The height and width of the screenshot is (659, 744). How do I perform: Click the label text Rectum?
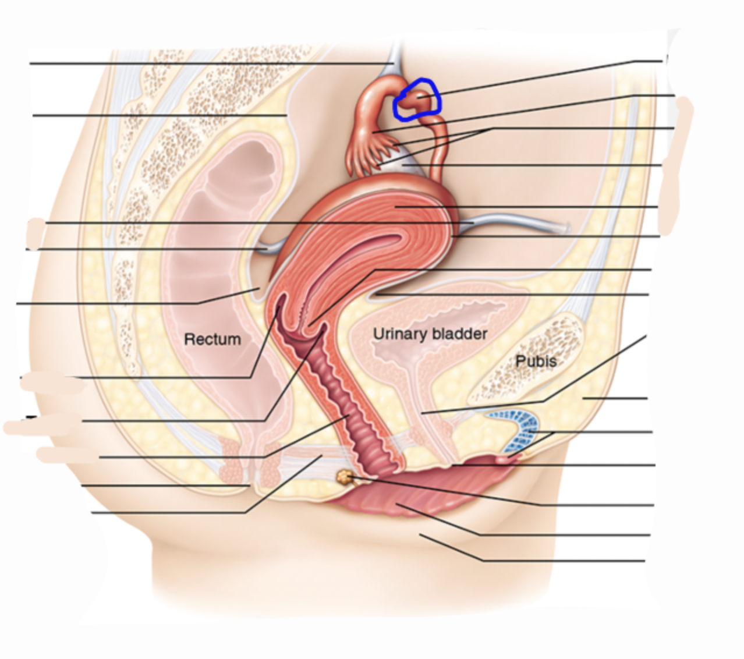click(212, 339)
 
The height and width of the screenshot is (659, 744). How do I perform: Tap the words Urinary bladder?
click(430, 334)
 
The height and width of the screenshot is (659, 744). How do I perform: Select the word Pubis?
click(536, 361)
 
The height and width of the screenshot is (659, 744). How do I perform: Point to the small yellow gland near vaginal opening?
click(345, 477)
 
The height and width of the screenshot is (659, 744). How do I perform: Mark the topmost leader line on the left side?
click(210, 63)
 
